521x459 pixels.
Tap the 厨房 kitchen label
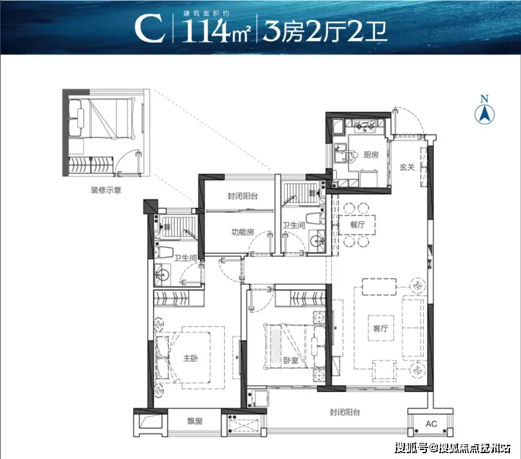(371, 154)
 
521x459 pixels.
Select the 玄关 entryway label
(407, 167)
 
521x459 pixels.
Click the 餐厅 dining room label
(357, 224)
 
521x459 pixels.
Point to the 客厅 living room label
(381, 328)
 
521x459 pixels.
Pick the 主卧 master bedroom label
(191, 358)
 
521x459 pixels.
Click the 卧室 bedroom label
(290, 360)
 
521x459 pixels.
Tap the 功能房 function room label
(243, 232)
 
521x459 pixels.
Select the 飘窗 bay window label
(194, 421)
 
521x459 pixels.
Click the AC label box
(431, 424)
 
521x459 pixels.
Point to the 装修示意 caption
(106, 190)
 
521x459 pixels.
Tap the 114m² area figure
(215, 30)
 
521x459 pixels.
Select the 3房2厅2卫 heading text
(325, 30)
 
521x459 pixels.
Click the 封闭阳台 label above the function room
(243, 196)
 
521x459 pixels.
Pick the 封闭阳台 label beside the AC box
(345, 412)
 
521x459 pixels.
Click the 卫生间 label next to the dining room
(294, 226)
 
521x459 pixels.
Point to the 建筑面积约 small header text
(206, 14)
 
